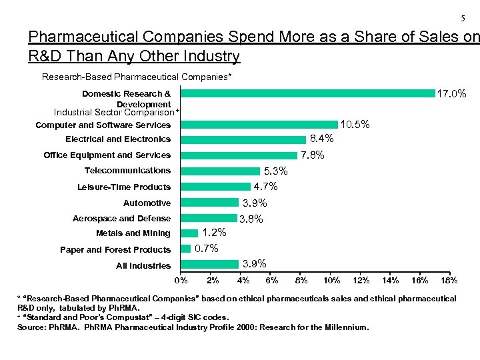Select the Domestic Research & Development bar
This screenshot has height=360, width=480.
(x=307, y=93)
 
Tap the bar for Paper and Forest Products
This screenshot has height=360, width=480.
(x=185, y=249)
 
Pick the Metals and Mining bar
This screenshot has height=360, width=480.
(x=189, y=233)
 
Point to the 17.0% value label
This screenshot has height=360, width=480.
(x=451, y=95)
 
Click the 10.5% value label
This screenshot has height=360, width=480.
(x=355, y=125)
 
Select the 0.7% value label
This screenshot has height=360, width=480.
(x=206, y=249)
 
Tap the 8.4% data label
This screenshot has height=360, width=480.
(x=321, y=139)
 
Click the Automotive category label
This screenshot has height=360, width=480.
(x=147, y=203)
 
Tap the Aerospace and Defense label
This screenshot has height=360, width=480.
(x=121, y=219)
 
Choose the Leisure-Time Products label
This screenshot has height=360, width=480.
(x=124, y=187)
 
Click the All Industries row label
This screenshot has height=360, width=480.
(x=143, y=265)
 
